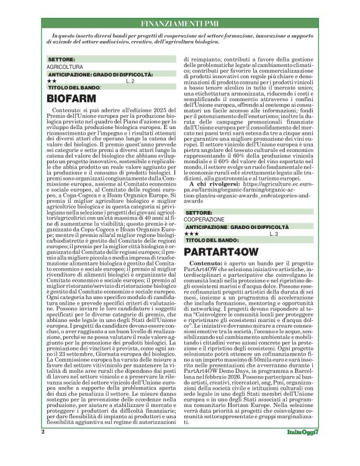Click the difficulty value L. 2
(x=130, y=81)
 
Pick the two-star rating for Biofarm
(x=52, y=81)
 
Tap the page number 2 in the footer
(x=43, y=449)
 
